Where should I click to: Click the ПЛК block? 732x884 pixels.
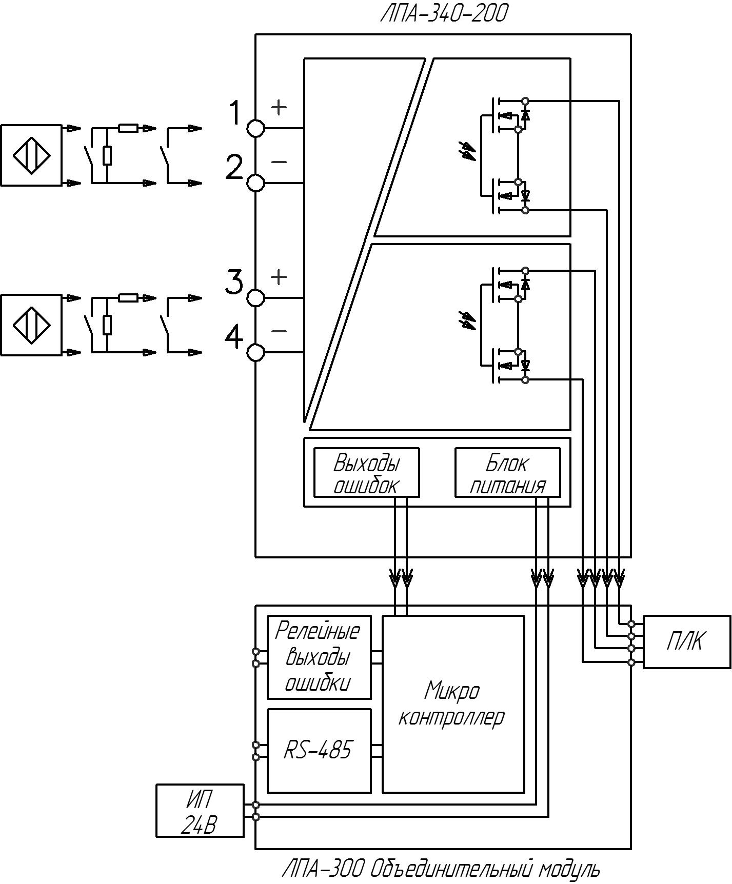[x=687, y=641]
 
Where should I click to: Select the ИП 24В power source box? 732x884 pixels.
[x=200, y=811]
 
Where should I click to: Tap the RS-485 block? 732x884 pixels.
[x=319, y=751]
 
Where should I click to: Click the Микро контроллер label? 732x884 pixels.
[x=451, y=704]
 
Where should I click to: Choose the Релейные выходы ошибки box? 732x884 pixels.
[x=319, y=657]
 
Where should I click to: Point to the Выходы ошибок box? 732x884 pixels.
[x=366, y=472]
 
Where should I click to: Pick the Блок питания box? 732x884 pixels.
[x=508, y=472]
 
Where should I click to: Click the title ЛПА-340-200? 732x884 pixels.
[x=443, y=14]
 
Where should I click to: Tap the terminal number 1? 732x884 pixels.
[x=235, y=113]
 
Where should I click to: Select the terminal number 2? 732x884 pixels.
[x=234, y=168]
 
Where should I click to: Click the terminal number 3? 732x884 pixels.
[x=234, y=283]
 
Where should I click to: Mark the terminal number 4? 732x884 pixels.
[x=234, y=337]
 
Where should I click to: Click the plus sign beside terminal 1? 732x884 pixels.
[x=279, y=107]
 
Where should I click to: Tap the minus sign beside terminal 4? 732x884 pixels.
[x=279, y=331]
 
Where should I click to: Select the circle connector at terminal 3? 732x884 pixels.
[x=256, y=298]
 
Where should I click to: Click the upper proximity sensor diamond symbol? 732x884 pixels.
[x=31, y=155]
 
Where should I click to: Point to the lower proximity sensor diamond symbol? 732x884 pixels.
[x=31, y=325]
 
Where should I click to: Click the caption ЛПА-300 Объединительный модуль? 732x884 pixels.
[x=441, y=869]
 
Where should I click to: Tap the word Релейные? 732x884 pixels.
[x=318, y=630]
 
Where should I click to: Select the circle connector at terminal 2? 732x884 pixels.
[x=256, y=183]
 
